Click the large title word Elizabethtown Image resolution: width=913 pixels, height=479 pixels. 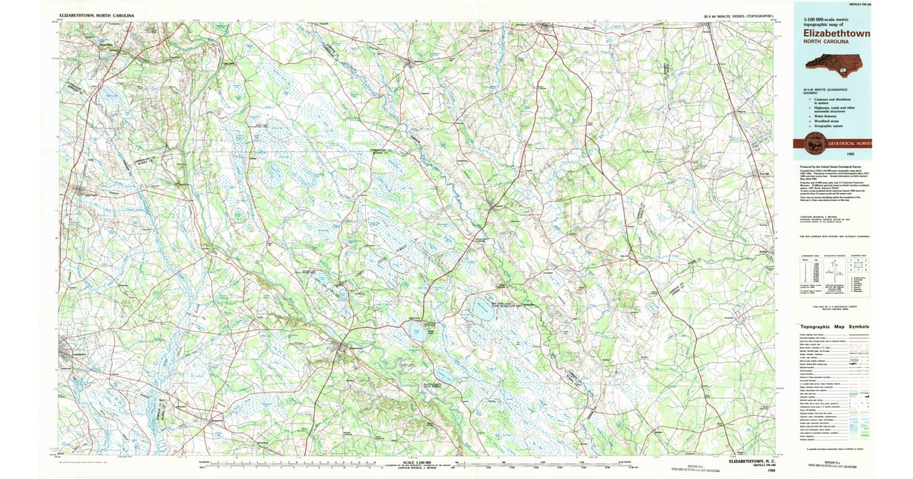click(836, 33)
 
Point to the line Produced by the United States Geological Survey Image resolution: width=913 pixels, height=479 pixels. click(829, 166)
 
